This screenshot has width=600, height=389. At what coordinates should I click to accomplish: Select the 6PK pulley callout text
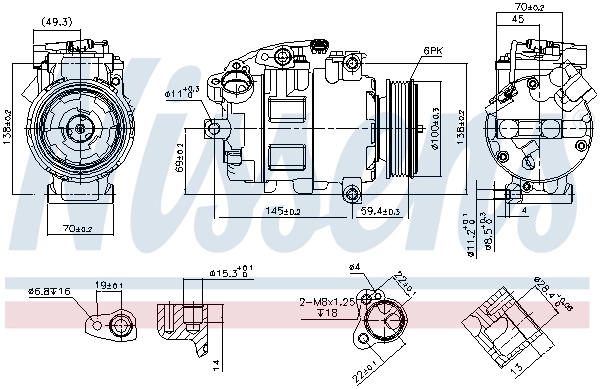(x=432, y=50)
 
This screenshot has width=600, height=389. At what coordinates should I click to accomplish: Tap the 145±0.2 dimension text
(x=284, y=210)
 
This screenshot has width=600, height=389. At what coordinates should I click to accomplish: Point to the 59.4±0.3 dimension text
(x=380, y=210)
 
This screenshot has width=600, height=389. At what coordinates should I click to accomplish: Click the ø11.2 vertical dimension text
(x=470, y=233)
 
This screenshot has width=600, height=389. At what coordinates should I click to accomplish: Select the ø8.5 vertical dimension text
(x=485, y=233)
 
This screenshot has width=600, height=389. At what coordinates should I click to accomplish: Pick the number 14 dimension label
(x=214, y=364)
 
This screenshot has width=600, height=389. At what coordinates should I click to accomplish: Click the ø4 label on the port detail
(x=354, y=268)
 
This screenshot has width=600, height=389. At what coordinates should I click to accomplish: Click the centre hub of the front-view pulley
(x=78, y=127)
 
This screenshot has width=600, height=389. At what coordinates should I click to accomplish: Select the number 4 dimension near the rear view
(x=523, y=211)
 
